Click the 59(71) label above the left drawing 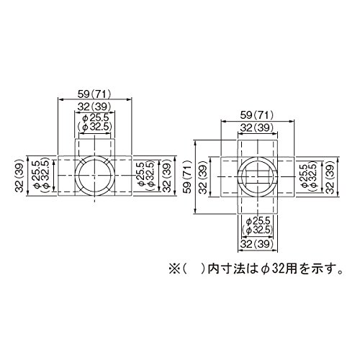pyautogui.click(x=94, y=94)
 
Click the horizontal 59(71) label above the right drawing pyautogui.click(x=257, y=116)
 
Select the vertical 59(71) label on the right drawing pyautogui.click(x=188, y=176)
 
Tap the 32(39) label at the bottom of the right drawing pyautogui.click(x=257, y=244)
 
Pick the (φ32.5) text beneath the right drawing pyautogui.click(x=258, y=230)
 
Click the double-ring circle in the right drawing pyautogui.click(x=257, y=176)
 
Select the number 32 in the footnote pyautogui.click(x=278, y=269)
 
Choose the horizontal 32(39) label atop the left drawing pyautogui.click(x=94, y=107)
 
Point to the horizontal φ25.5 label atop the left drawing pyautogui.click(x=96, y=118)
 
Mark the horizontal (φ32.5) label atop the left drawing pyautogui.click(x=95, y=127)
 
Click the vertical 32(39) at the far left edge pyautogui.click(x=19, y=176)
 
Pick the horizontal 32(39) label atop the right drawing pyautogui.click(x=257, y=128)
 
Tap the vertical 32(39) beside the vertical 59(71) pyautogui.click(x=204, y=177)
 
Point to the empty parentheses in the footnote pyautogui.click(x=194, y=269)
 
